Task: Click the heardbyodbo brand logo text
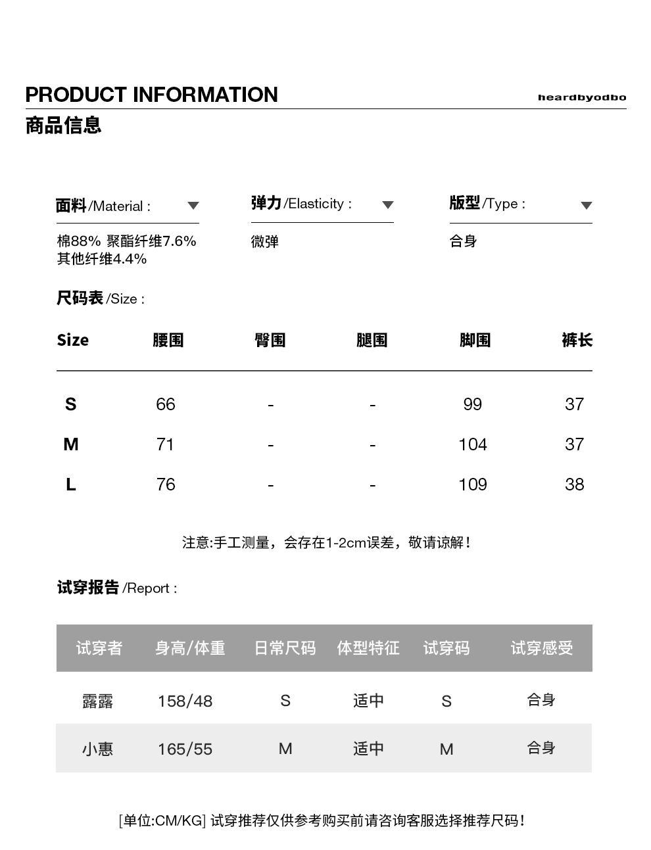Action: [581, 97]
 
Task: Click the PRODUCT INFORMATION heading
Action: [151, 95]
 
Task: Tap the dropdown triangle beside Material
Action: [193, 206]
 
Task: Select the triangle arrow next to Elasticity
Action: [388, 205]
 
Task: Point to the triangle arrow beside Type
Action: [587, 206]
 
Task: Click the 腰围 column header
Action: [168, 341]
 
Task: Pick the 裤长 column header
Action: [577, 341]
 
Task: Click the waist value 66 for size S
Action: [166, 404]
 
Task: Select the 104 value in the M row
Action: [472, 445]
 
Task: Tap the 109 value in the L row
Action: [472, 485]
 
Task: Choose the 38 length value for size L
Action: [574, 485]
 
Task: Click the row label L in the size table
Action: [71, 485]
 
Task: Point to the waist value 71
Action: [166, 445]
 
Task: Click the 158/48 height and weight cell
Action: [185, 701]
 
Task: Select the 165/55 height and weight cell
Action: [185, 749]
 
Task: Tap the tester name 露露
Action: [97, 701]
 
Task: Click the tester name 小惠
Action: [97, 749]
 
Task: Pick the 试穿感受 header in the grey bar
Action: [541, 649]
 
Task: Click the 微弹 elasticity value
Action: [265, 242]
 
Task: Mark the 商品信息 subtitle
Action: [63, 125]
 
